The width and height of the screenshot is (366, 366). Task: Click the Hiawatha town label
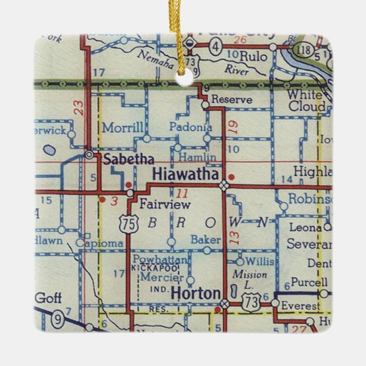[185, 174]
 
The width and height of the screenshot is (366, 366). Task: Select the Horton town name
[196, 293]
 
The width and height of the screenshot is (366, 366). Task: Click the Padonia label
[191, 127]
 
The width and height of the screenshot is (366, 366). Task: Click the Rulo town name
[250, 57]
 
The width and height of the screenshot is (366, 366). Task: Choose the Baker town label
[205, 240]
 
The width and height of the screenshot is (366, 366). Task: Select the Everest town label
[301, 306]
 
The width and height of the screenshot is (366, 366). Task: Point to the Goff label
[48, 297]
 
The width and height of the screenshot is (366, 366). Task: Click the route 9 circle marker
[57, 320]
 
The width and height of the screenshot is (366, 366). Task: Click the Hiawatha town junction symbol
[224, 185]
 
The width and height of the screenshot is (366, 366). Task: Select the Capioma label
[103, 243]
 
